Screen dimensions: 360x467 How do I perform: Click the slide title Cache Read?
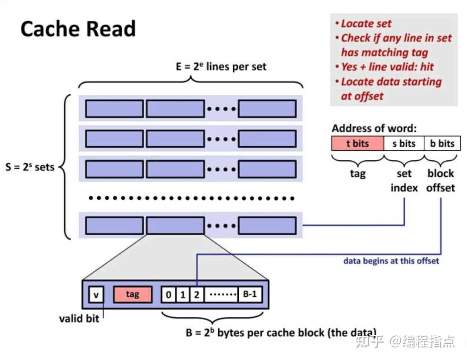coord(78,29)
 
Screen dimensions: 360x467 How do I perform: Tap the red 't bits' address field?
coord(357,144)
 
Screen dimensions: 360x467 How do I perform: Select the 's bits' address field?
coord(404,144)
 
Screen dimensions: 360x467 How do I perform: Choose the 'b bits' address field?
coord(442,144)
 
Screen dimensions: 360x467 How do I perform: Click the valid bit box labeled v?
coord(96,295)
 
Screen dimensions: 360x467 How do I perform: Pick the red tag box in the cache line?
coord(132,295)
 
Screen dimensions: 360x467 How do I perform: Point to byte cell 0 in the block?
coord(168,295)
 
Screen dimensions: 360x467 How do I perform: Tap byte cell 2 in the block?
coord(197,295)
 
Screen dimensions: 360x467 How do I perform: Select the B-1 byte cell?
coord(250,295)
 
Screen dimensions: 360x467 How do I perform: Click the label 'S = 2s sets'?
coord(30,167)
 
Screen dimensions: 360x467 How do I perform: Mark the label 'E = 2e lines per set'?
coord(221,67)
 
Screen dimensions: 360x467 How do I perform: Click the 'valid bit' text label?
coord(79,319)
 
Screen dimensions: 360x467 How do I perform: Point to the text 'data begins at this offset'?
coord(391,261)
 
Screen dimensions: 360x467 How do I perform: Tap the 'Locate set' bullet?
coord(366,24)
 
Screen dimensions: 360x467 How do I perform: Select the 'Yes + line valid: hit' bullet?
coord(387,67)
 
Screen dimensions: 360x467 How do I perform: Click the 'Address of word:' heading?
coord(374,129)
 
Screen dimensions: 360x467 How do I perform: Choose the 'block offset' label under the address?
coord(440,181)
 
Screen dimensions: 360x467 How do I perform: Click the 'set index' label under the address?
coord(404,181)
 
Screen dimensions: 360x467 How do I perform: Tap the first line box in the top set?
coord(114,109)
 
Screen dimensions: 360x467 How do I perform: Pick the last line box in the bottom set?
coord(267,226)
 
